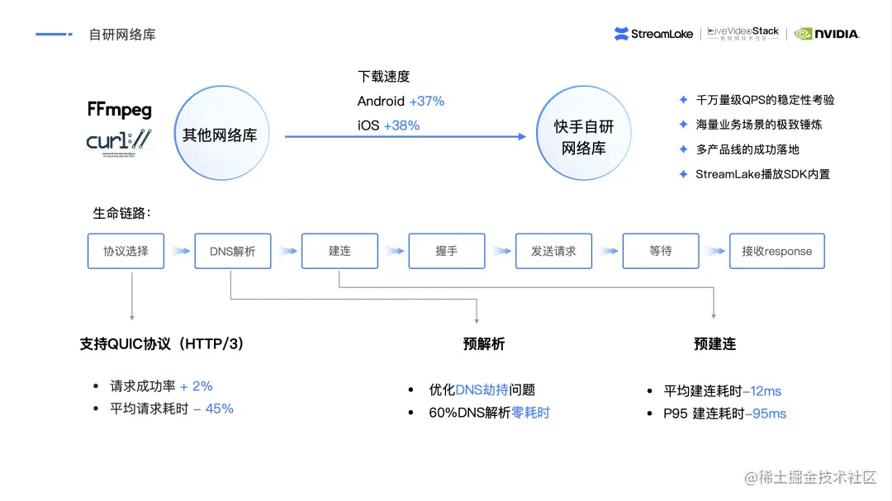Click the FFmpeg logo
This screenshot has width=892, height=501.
[x=120, y=110]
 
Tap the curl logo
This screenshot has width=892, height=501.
[x=120, y=142]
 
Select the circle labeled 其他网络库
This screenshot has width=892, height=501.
[x=219, y=135]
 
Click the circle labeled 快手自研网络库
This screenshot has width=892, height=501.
[x=584, y=137]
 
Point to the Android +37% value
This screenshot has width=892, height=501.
[x=426, y=101]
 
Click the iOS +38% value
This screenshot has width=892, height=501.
[x=401, y=125]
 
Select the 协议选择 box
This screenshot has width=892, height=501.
[x=126, y=251]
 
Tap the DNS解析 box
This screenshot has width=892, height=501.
[x=233, y=251]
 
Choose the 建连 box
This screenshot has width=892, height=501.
[x=339, y=251]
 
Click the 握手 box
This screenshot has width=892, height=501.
[x=447, y=251]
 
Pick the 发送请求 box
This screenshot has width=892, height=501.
[x=553, y=251]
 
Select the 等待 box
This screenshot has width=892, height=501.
[x=661, y=251]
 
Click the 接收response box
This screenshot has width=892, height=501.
[x=776, y=251]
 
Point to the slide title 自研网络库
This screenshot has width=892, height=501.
[x=122, y=35]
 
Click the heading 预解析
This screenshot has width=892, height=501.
[x=483, y=344]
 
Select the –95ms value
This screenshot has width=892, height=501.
[x=766, y=414]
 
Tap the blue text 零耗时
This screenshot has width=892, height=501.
[x=530, y=413]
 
